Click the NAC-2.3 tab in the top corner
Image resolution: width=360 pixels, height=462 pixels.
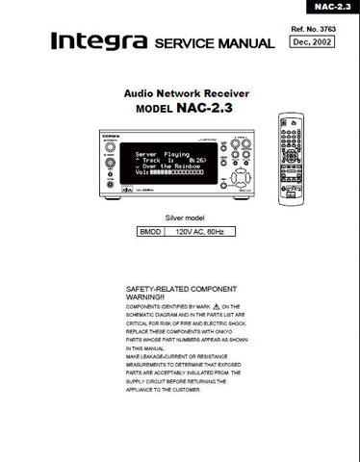334,7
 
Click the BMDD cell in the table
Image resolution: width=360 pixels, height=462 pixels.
149,233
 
